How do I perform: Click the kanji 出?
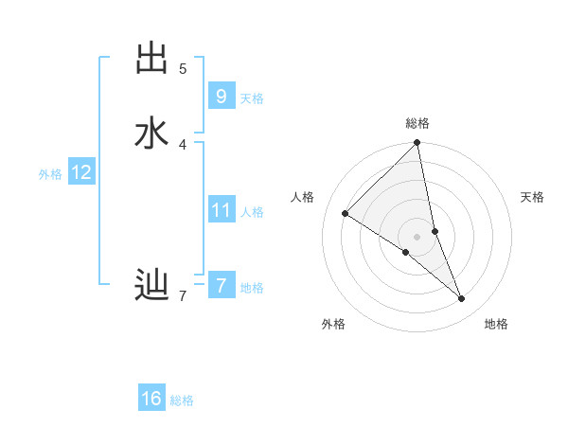click(x=151, y=58)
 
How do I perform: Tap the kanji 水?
click(x=151, y=133)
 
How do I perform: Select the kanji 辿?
click(x=151, y=283)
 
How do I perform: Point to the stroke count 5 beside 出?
click(x=183, y=68)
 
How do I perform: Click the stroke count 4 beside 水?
click(x=183, y=144)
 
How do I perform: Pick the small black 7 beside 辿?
click(x=183, y=296)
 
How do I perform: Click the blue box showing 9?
click(x=221, y=96)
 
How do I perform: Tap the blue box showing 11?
click(x=221, y=209)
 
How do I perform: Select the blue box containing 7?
click(x=221, y=284)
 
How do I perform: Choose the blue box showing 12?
click(x=81, y=172)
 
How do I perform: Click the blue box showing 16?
click(x=151, y=399)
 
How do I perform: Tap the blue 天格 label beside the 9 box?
click(x=252, y=98)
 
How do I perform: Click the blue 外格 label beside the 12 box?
click(x=50, y=174)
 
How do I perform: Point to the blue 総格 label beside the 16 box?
click(x=182, y=400)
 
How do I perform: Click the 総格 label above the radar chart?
click(x=417, y=123)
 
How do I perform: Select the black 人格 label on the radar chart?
click(x=303, y=197)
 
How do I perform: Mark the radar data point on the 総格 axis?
click(x=417, y=143)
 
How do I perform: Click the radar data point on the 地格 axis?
click(x=462, y=298)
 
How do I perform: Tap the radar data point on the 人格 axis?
click(x=345, y=214)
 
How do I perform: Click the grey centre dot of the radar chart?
click(x=417, y=236)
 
